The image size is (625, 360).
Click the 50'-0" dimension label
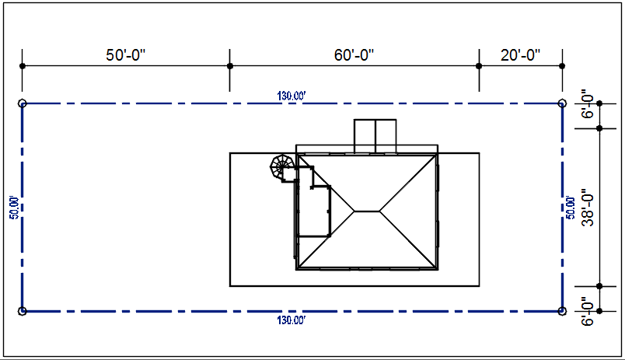click(x=126, y=55)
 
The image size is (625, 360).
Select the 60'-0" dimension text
click(x=354, y=55)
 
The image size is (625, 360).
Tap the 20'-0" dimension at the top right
click(x=520, y=55)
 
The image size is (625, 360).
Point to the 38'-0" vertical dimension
click(x=588, y=208)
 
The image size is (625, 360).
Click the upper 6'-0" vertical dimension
click(x=588, y=106)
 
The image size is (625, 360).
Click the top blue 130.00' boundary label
click(x=292, y=96)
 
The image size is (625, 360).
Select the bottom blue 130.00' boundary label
click(x=292, y=320)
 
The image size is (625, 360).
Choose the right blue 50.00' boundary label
click(x=571, y=207)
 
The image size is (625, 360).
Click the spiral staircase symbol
click(x=281, y=166)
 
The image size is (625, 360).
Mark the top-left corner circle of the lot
click(x=22, y=103)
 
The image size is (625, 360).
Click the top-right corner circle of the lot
click(x=562, y=103)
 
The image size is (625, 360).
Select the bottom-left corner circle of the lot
click(x=22, y=311)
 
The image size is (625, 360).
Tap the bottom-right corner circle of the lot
click(x=562, y=311)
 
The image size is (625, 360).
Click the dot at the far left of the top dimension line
click(x=22, y=66)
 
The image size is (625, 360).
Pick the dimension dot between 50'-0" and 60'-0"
click(x=229, y=66)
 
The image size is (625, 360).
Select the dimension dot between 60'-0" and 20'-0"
click(x=479, y=66)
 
